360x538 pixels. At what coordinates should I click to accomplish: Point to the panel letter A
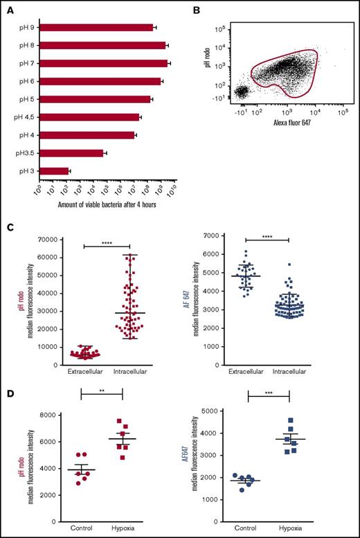coord(12,10)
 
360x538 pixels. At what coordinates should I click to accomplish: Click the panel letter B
coord(195,10)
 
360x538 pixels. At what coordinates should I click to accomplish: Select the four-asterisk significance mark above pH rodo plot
coord(107,242)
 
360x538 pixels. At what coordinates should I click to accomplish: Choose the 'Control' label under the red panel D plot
coord(82,528)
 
